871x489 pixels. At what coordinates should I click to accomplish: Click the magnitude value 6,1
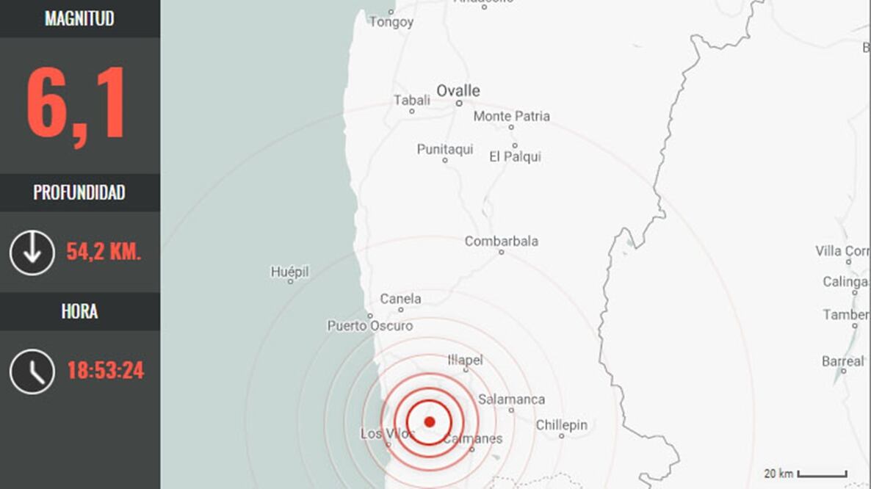coord(77,104)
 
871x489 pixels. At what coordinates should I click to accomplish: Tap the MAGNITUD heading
coord(79,18)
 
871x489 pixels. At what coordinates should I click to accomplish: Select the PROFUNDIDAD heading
coord(79,192)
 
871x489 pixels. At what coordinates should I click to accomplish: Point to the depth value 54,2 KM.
coord(104,252)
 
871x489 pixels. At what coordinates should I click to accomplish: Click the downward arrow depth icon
coord(32,253)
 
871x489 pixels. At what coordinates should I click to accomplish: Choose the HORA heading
coord(79,311)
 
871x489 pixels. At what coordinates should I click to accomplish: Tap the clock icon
coord(32,371)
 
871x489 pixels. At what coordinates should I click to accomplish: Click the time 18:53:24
coord(105,371)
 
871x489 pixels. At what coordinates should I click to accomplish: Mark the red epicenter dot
coord(430,421)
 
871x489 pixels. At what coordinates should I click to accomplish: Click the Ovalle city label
coord(458,90)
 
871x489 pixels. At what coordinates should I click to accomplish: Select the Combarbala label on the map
coord(502,241)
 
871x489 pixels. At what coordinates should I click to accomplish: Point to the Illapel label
coord(465,360)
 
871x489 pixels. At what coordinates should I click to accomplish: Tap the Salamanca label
coord(511,399)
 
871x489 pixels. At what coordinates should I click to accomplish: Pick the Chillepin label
coord(562,425)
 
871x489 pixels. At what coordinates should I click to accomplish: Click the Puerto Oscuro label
coord(370,325)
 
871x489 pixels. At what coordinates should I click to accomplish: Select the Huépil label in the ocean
coord(289,272)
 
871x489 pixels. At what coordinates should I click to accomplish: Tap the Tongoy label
coord(391,22)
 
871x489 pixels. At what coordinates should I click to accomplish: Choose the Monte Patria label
coord(511,116)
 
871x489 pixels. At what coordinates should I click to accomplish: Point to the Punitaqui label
coord(445,149)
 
